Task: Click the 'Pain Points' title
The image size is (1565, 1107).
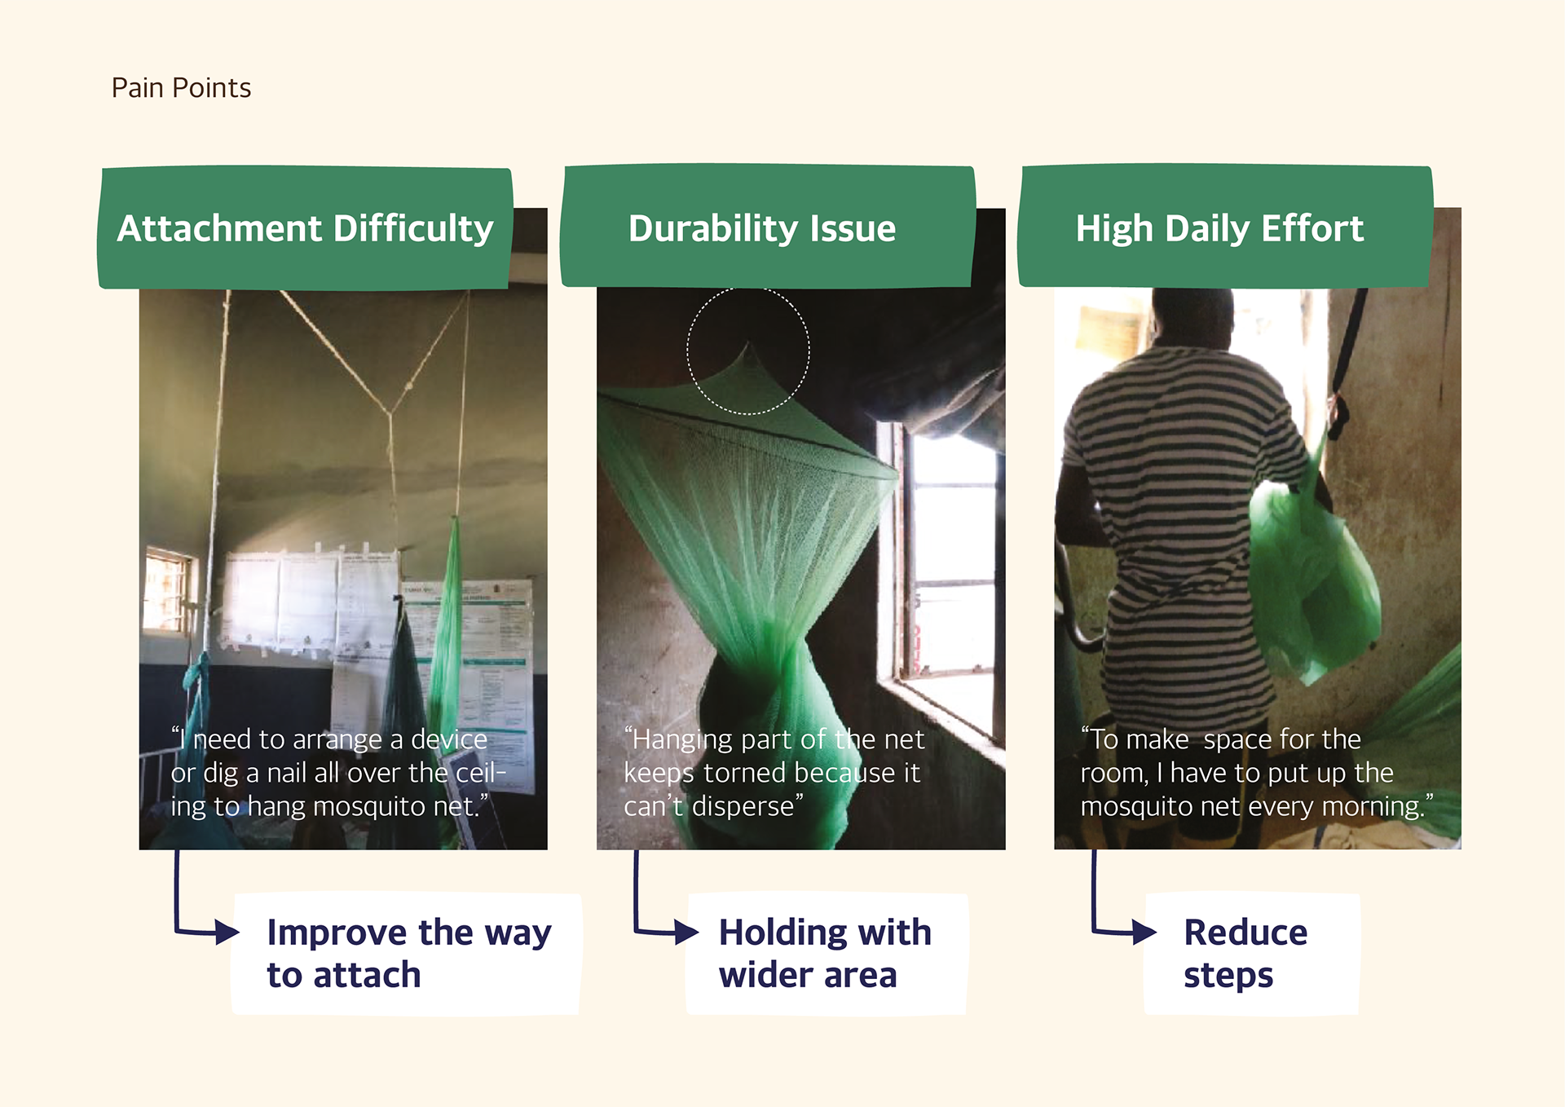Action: point(181,88)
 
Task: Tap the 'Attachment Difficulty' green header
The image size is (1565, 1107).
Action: point(305,228)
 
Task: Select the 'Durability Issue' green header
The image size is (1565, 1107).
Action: point(767,227)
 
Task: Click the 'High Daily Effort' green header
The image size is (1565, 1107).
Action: point(1225,227)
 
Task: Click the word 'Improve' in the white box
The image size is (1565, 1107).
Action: point(337,933)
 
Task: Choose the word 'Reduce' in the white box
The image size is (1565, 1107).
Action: point(1245,933)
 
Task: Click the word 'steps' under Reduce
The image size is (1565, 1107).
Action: point(1228,976)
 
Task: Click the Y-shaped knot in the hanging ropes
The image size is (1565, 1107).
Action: point(390,411)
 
